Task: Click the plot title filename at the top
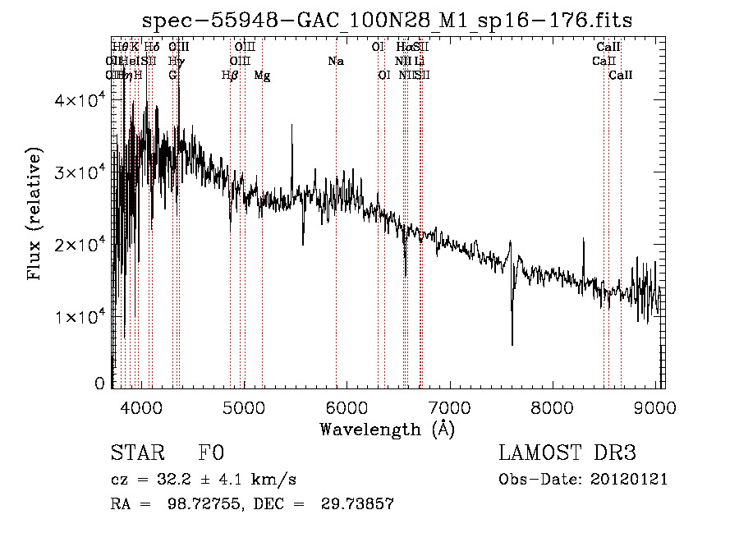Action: tap(387, 21)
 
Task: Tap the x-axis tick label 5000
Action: tap(243, 408)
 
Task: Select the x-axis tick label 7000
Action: tap(449, 408)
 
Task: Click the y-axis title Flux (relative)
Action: tap(35, 215)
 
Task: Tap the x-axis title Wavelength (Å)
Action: tap(387, 429)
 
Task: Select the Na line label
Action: tap(335, 62)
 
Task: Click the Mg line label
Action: tap(262, 76)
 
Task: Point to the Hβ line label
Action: tap(230, 76)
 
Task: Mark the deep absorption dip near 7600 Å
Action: tap(512, 341)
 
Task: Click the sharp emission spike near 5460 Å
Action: tap(291, 127)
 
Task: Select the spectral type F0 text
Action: tap(212, 453)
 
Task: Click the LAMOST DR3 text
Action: tap(567, 453)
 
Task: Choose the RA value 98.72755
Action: tap(209, 503)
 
